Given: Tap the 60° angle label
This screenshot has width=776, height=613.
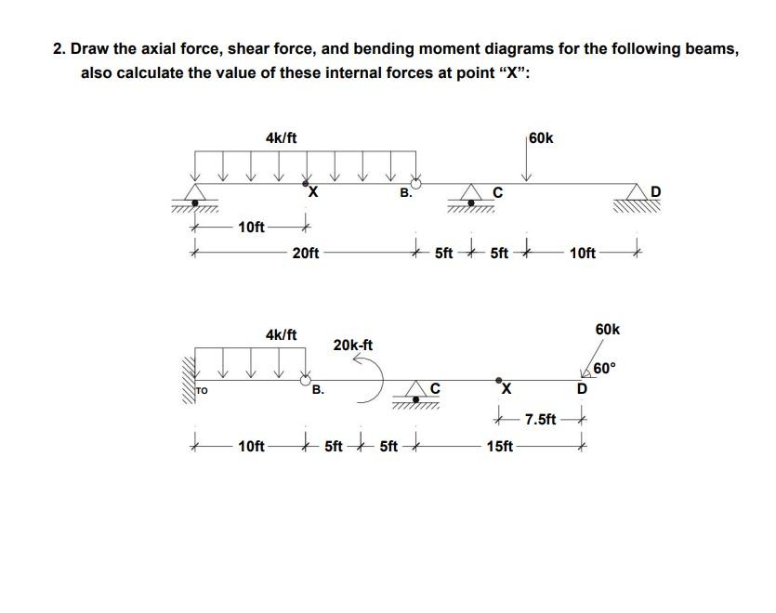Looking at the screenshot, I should pyautogui.click(x=603, y=369).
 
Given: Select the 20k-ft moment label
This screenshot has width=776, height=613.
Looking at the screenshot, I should pyautogui.click(x=353, y=346).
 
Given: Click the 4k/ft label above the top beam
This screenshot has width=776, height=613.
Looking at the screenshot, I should pyautogui.click(x=281, y=138).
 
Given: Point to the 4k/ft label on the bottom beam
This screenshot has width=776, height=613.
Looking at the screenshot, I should pyautogui.click(x=281, y=333).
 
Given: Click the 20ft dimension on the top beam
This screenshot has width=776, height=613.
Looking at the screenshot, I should pyautogui.click(x=306, y=252).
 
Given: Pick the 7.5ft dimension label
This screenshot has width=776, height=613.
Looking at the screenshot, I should pyautogui.click(x=540, y=420).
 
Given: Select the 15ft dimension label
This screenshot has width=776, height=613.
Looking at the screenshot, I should pyautogui.click(x=499, y=447).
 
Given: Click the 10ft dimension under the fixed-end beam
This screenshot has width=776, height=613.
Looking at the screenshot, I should pyautogui.click(x=251, y=447).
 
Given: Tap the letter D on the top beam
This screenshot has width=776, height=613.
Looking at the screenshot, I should pyautogui.click(x=656, y=192).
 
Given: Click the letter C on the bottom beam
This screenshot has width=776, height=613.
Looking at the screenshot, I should pyautogui.click(x=434, y=388).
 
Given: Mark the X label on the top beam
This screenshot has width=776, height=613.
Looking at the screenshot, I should pyautogui.click(x=312, y=193).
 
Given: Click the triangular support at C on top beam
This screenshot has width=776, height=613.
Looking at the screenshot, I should pyautogui.click(x=474, y=194).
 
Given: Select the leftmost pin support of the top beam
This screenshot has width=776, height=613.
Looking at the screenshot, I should pyautogui.click(x=194, y=194).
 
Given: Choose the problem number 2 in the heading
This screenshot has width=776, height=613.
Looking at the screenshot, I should pyautogui.click(x=59, y=49).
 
